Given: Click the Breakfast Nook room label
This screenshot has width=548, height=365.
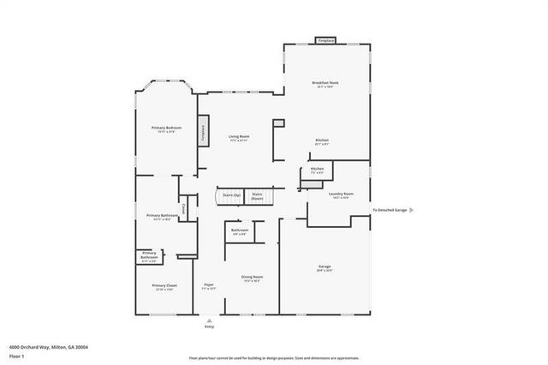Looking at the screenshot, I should pyautogui.click(x=325, y=83).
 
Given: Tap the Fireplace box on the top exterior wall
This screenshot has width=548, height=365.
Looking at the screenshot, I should pyautogui.click(x=325, y=40).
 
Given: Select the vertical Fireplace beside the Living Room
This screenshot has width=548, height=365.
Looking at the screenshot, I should pyautogui.click(x=204, y=132).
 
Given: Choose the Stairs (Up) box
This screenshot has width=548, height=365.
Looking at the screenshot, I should pyautogui.click(x=229, y=195).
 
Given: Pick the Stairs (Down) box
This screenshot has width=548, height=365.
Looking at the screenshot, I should pyautogui.click(x=257, y=195).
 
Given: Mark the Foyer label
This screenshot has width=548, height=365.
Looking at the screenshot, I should pyautogui.click(x=208, y=285).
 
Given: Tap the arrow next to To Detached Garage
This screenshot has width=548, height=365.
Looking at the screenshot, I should pyautogui.click(x=412, y=210).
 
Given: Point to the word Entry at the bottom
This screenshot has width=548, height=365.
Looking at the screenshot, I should pyautogui.click(x=209, y=326).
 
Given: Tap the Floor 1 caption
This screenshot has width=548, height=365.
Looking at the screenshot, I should pyautogui.click(x=15, y=355).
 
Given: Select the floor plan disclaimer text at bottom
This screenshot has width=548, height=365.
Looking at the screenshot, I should pyautogui.click(x=273, y=357).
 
